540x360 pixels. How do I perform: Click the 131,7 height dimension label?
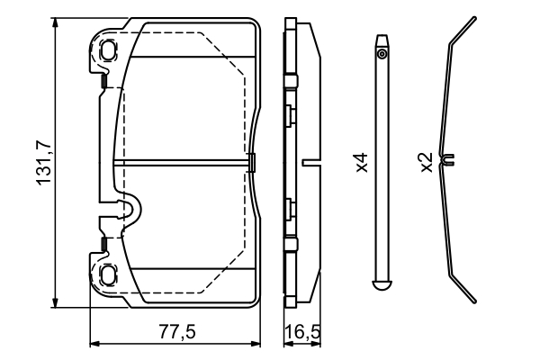point(41,163)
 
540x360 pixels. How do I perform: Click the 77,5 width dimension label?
point(176,331)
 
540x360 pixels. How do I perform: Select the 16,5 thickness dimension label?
point(301,331)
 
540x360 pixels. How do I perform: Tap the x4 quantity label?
point(361,163)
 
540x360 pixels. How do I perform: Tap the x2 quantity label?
point(426,163)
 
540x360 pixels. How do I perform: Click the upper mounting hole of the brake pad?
point(108,50)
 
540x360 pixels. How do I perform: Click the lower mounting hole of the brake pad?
point(108,274)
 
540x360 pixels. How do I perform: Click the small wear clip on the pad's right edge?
point(251,163)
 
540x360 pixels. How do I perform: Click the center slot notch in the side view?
point(312,163)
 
